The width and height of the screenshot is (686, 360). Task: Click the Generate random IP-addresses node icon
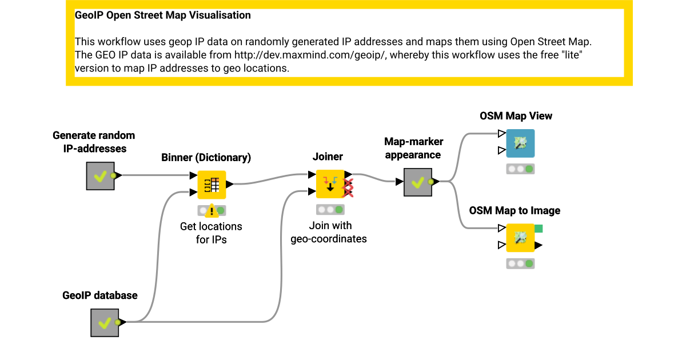[100, 175]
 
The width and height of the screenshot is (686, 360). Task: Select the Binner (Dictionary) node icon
[212, 185]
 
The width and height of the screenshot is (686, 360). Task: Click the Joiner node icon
[330, 184]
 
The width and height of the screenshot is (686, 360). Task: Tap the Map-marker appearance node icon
[418, 182]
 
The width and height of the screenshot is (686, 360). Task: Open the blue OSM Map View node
[520, 143]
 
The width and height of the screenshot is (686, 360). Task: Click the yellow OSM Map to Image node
[520, 238]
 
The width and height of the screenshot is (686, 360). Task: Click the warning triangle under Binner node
[212, 211]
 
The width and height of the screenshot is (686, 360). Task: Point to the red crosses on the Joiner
[347, 187]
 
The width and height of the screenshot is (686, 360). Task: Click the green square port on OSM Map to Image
[539, 229]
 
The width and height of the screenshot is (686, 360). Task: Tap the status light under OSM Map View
[520, 169]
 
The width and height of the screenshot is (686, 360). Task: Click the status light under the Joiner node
[330, 210]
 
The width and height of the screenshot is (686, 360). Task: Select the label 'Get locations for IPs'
[211, 233]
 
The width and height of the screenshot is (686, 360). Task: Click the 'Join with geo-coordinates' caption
[329, 232]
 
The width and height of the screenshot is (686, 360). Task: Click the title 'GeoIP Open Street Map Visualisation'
[163, 15]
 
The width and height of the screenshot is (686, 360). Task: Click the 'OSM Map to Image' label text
[514, 210]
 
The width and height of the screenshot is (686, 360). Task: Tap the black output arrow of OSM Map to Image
[538, 246]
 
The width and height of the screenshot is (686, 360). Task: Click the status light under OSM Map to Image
[520, 263]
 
